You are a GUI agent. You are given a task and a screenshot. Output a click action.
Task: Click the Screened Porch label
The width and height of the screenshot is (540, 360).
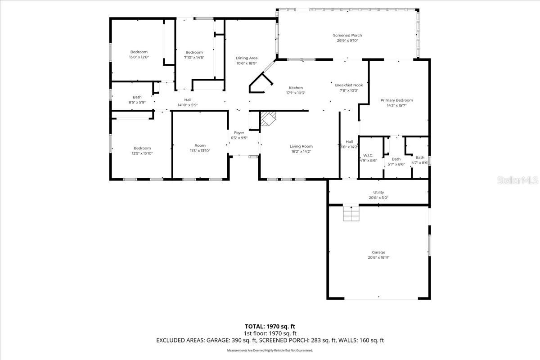tap(347, 35)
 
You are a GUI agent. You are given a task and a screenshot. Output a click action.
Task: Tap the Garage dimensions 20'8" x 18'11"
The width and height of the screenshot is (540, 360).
tap(378, 258)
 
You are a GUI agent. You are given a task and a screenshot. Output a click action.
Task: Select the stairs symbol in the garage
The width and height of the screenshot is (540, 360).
tap(351, 213)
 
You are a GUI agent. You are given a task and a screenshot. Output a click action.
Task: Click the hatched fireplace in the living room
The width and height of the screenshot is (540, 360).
tap(269, 119)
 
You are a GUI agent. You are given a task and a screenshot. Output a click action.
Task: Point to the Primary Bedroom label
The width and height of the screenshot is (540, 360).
tap(396, 100)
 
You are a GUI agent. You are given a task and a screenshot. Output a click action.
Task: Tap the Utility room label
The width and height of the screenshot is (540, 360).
tap(378, 192)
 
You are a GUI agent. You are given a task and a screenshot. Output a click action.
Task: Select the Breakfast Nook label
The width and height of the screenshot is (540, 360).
tap(349, 85)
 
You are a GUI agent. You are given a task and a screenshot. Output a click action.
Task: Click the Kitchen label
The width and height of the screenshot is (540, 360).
tap(296, 88)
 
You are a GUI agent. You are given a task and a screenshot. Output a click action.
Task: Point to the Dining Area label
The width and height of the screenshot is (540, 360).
tap(247, 58)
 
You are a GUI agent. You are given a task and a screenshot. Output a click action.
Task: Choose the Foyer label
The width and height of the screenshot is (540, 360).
tap(238, 133)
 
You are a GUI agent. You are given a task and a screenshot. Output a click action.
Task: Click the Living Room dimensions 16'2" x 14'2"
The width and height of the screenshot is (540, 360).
tap(301, 152)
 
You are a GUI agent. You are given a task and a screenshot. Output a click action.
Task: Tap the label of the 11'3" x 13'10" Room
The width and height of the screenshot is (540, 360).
tap(200, 145)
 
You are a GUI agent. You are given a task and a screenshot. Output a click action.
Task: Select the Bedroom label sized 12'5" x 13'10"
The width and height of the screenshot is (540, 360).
tap(142, 148)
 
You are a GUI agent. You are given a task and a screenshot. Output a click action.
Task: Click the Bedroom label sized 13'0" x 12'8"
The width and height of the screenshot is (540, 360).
tap(139, 52)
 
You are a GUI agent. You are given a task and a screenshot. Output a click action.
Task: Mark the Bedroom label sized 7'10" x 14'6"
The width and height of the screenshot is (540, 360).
tap(194, 52)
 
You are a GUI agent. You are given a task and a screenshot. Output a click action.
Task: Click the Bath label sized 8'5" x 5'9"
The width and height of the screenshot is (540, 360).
tap(137, 97)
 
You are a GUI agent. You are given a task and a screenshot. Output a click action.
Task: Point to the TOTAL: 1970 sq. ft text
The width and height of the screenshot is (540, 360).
tap(270, 326)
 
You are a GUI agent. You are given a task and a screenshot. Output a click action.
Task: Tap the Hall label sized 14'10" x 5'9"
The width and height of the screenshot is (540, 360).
tap(188, 100)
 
